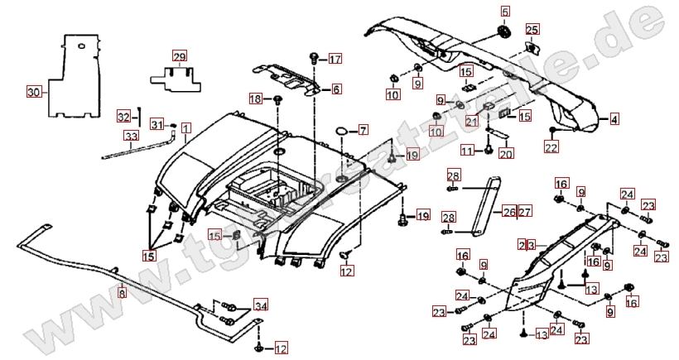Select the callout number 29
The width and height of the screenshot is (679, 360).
coord(180,56)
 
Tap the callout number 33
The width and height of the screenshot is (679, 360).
coord(131,137)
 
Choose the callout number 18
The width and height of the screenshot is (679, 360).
coord(256,99)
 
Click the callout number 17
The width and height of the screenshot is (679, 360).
coord(335,59)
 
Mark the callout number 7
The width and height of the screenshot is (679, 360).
coord(363,130)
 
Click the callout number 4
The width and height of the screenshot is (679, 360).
coord(614,120)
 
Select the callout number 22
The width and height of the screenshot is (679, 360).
coord(551,146)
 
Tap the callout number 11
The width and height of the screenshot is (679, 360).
coord(467,151)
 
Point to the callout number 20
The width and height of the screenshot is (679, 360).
coord(506,153)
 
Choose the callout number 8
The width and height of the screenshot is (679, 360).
coord(123,293)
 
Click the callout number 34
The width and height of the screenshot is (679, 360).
coord(261,306)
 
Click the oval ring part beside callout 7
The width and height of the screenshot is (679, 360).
coord(341,131)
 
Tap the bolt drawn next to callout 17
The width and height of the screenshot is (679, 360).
coord(315,58)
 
